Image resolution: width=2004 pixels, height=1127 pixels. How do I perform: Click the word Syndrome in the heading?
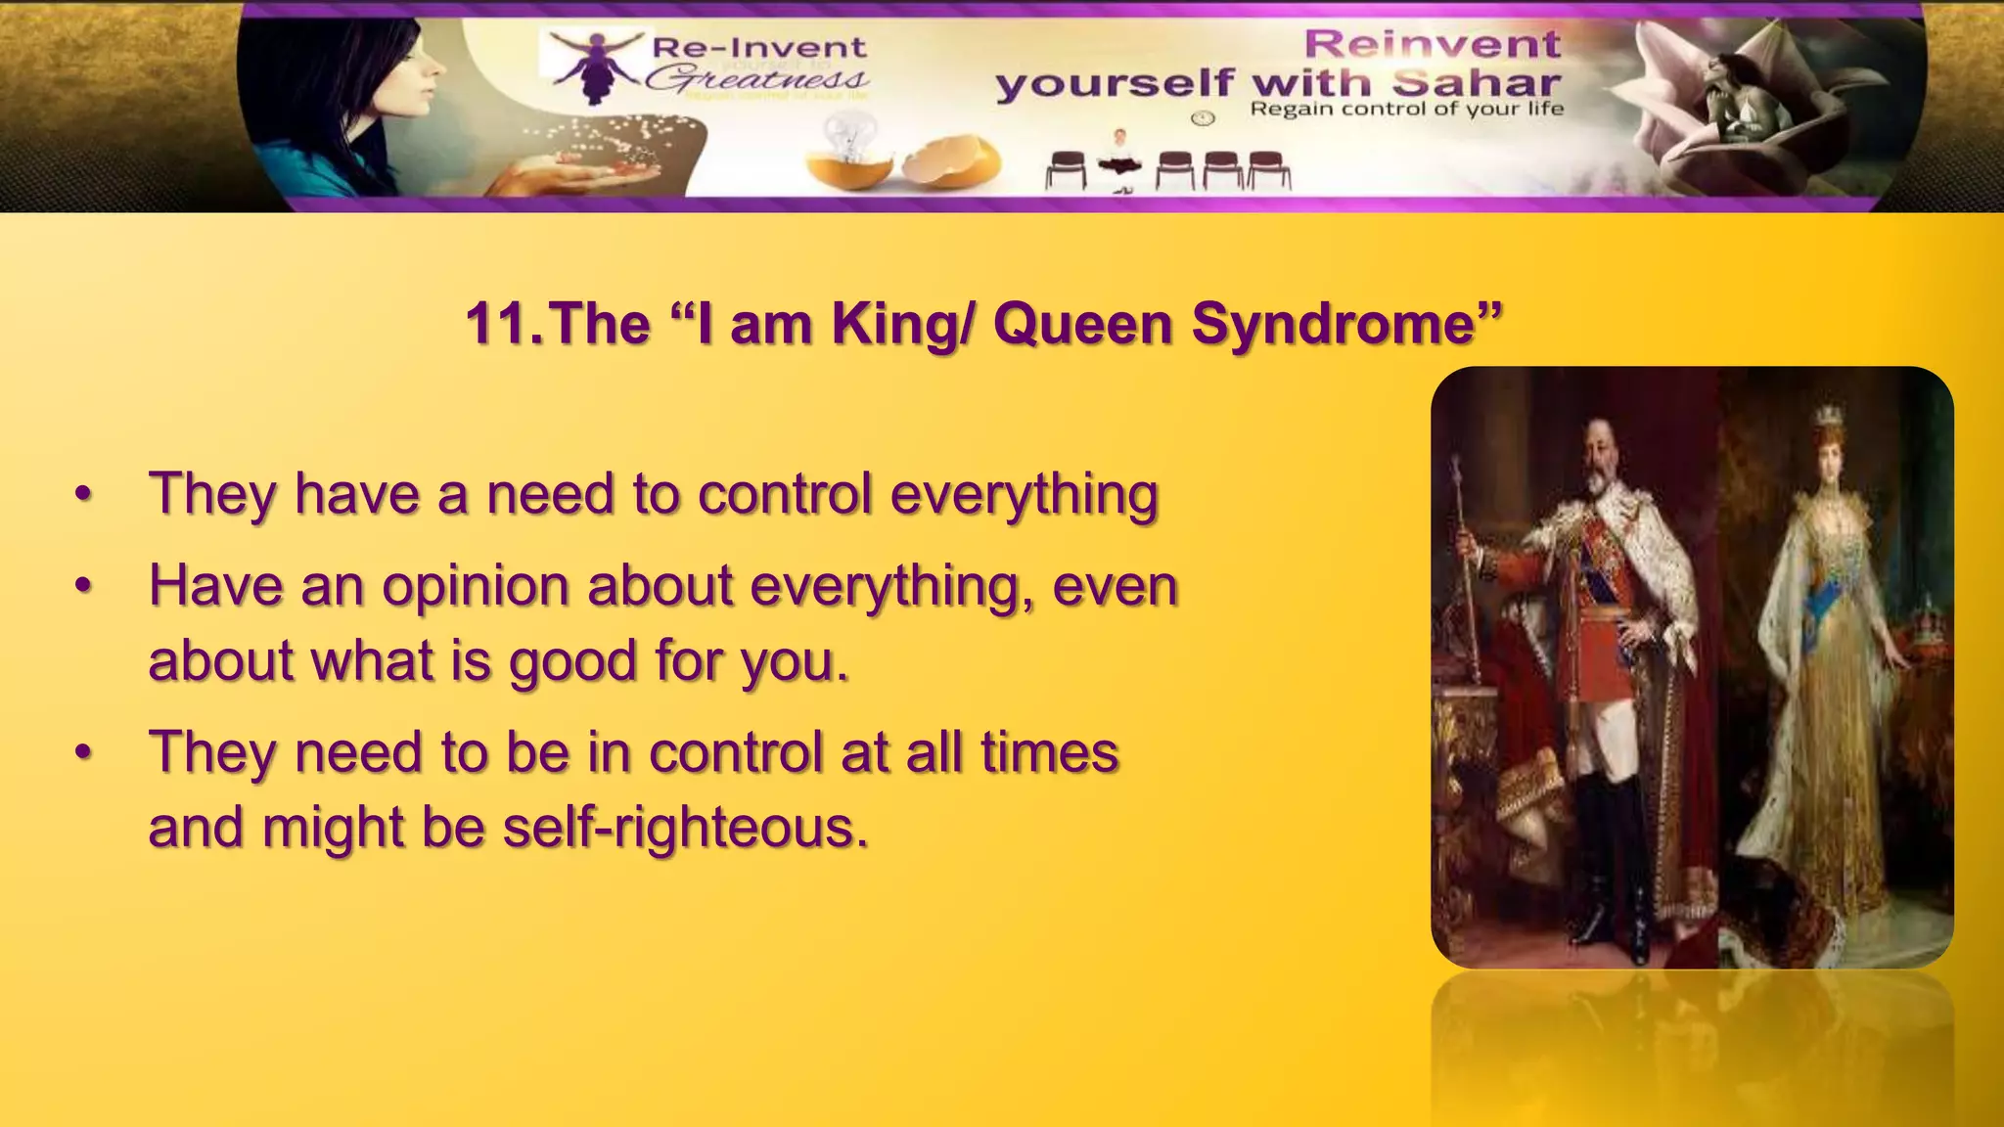1345,325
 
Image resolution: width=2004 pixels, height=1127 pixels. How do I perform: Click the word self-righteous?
685,829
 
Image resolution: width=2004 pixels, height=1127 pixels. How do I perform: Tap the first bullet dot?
84,495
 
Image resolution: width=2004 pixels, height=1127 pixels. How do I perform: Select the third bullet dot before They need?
84,753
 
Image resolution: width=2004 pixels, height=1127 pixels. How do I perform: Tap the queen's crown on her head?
1827,415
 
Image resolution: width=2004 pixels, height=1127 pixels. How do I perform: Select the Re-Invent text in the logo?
758,47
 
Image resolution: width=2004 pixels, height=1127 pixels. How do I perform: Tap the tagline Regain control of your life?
1406,109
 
